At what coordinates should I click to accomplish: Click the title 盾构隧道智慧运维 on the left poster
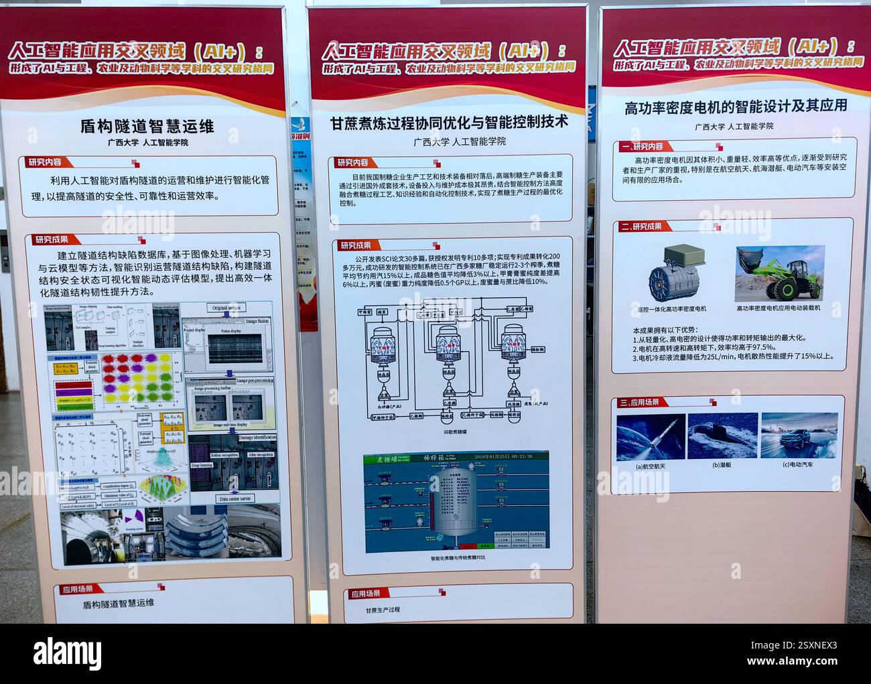point(147,125)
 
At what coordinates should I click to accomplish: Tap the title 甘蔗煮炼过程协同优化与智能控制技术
point(448,123)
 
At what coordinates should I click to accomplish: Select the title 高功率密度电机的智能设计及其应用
point(735,107)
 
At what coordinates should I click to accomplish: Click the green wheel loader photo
point(781,273)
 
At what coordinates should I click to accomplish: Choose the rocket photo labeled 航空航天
point(650,436)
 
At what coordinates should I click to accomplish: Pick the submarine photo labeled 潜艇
point(722,435)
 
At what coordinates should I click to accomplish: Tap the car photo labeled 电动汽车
point(799,435)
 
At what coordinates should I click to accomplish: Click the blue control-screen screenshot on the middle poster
point(456,501)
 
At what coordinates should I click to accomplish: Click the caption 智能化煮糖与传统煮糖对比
point(458,557)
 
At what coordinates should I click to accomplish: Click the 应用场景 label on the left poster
point(78,590)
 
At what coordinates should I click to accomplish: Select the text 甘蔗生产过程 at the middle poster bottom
point(383,610)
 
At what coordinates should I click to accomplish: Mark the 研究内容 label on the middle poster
point(352,162)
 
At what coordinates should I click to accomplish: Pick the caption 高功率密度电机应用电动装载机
point(778,308)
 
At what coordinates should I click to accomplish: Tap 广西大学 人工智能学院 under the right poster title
point(734,126)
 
